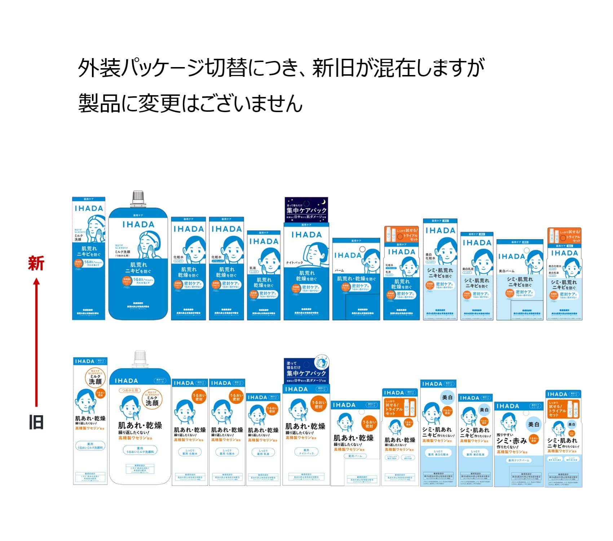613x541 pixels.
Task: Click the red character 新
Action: (x=36, y=263)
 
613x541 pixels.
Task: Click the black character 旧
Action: (x=36, y=422)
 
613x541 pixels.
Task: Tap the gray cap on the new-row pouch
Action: (x=138, y=197)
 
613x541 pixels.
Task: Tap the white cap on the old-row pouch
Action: (x=140, y=357)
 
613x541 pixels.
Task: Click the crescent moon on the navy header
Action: (x=323, y=202)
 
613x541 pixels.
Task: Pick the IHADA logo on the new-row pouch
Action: (x=138, y=224)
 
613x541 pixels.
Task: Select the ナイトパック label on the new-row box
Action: (x=294, y=263)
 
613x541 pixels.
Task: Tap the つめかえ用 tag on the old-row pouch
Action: (x=129, y=390)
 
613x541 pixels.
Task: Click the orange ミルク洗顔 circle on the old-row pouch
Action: (x=152, y=399)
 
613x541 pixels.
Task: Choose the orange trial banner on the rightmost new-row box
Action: (x=564, y=235)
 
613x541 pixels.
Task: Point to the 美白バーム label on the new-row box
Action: (x=506, y=271)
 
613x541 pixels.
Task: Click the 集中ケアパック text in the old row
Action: (x=306, y=373)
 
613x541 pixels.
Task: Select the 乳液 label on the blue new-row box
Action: (x=253, y=268)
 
